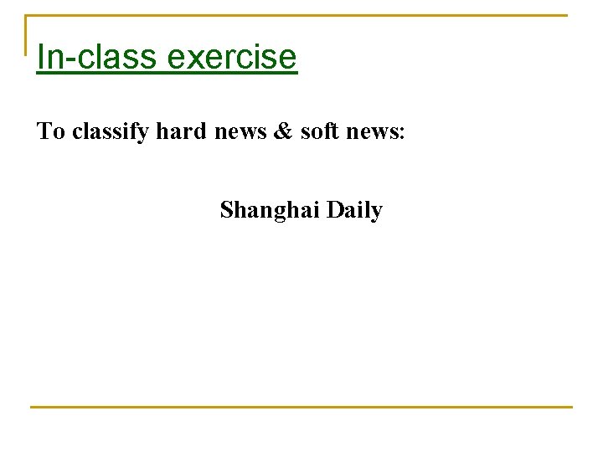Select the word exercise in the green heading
coord(232,57)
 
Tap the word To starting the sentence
coord(51,131)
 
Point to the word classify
coord(111,131)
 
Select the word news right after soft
coord(368,132)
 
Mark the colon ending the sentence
coord(403,134)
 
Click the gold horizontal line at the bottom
coord(301,407)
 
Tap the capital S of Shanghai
coord(227,209)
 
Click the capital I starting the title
coord(42,57)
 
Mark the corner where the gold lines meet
coord(26,16)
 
